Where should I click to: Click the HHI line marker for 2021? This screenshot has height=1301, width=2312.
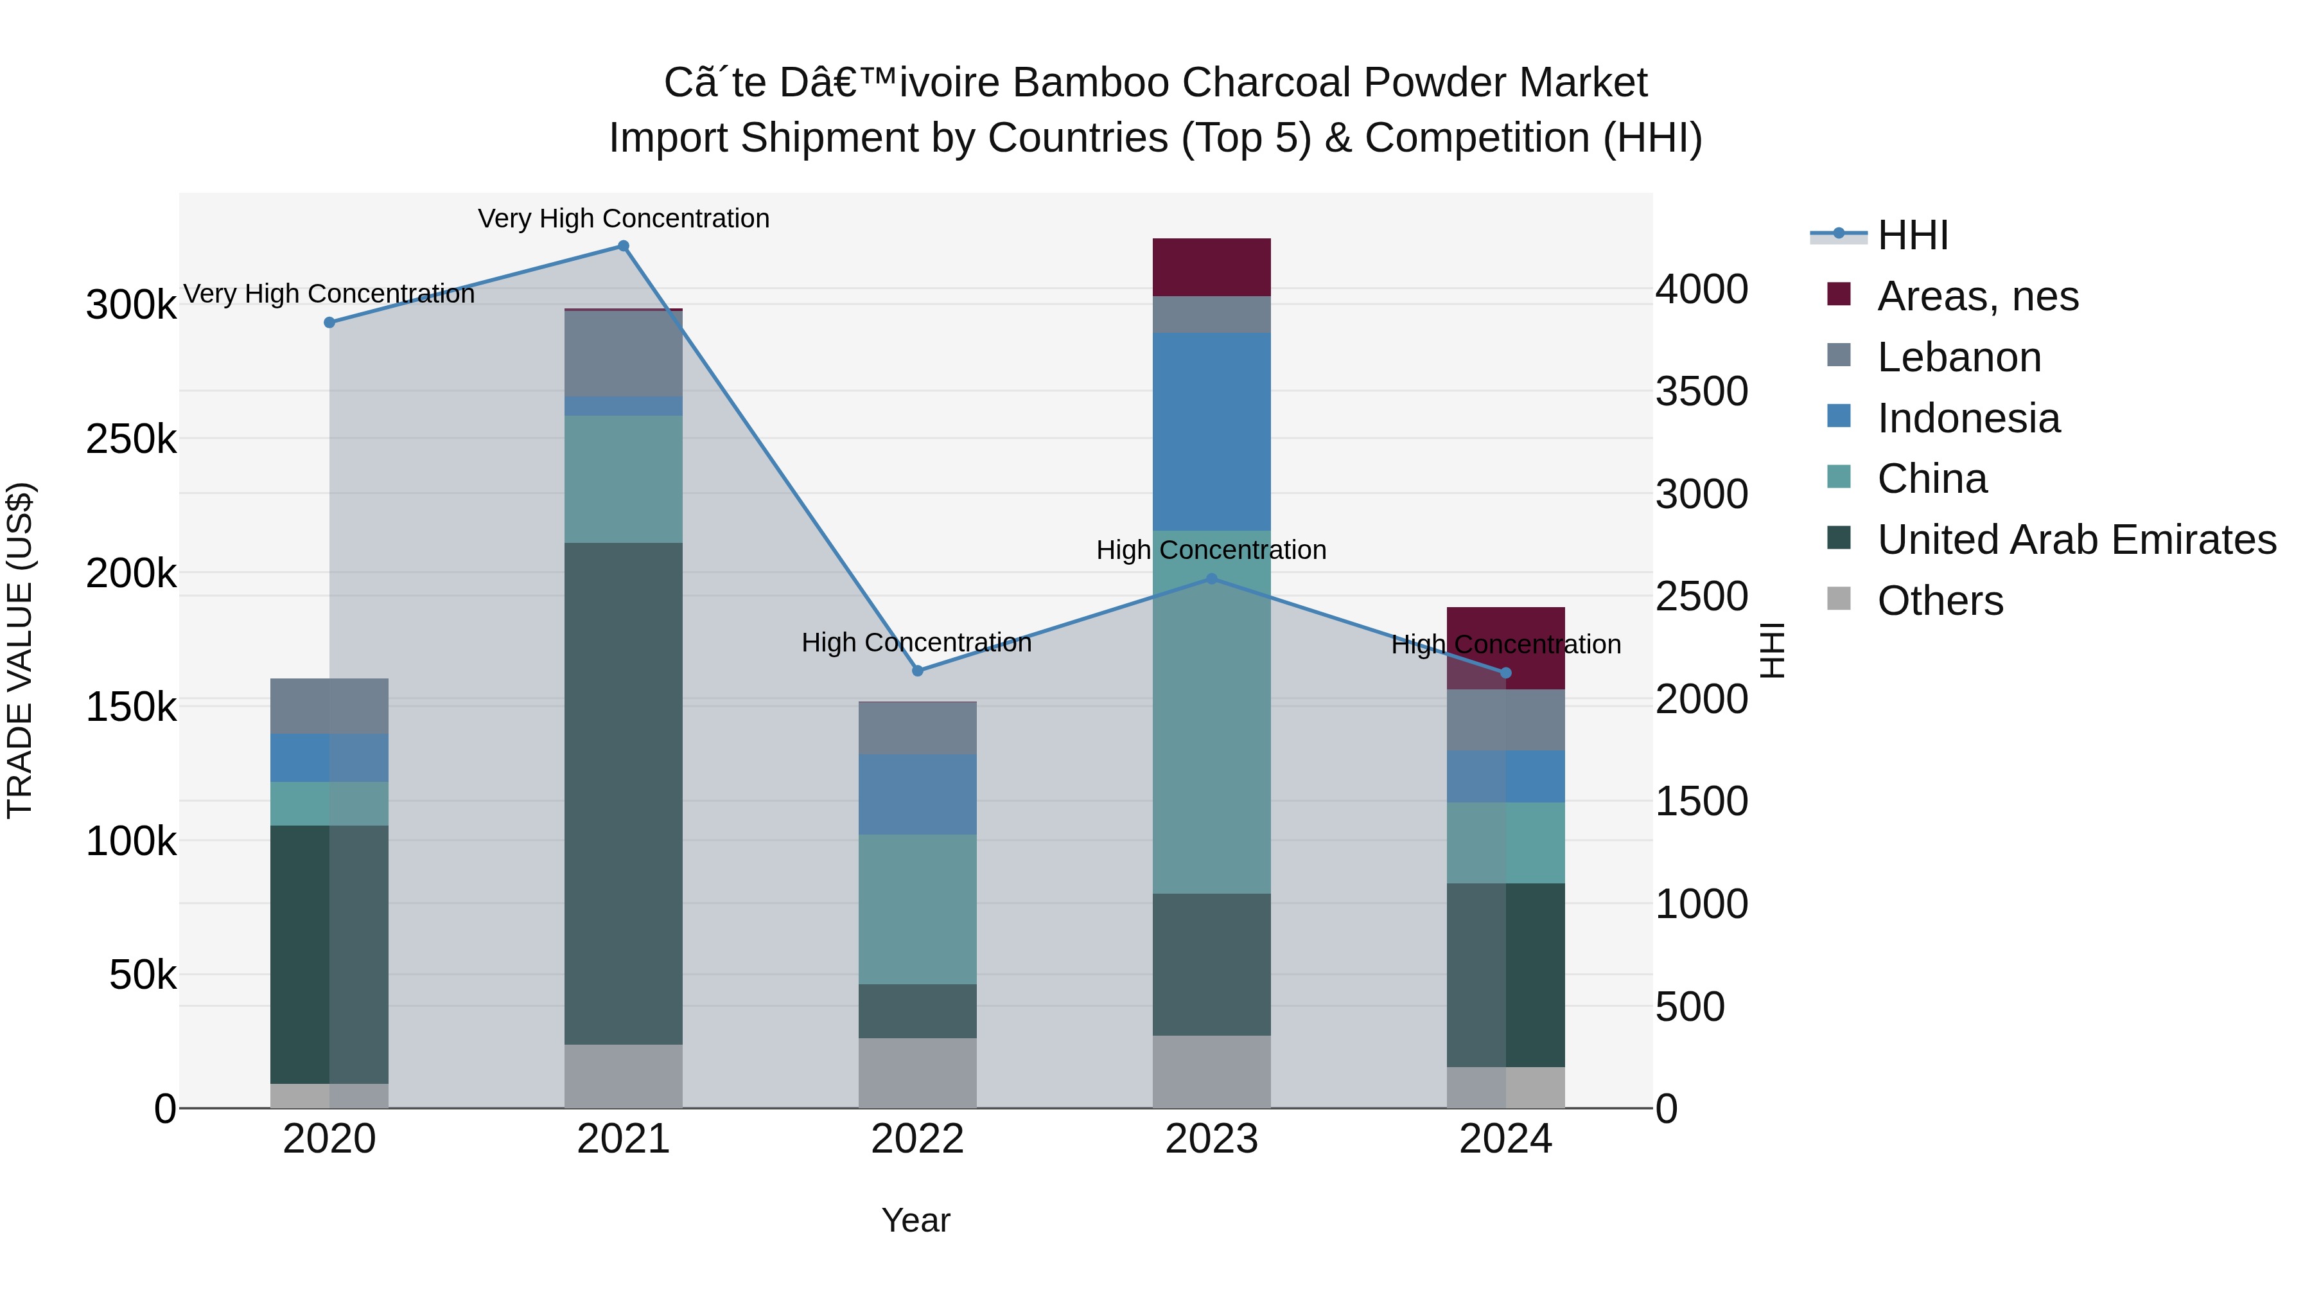[623, 246]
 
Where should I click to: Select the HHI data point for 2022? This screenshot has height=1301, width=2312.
[917, 671]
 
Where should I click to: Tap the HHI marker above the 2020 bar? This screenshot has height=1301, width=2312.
[329, 323]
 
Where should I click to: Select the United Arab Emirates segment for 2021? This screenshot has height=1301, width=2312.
[623, 793]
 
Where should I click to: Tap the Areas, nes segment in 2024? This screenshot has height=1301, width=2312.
[1505, 648]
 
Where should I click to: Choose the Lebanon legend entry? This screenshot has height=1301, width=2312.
[1958, 357]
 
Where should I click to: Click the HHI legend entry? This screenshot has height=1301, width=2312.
[1912, 235]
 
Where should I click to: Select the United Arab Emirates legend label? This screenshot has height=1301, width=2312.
[2076, 540]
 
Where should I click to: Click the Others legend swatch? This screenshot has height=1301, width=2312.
[1838, 599]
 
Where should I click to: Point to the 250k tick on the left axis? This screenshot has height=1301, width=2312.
[131, 440]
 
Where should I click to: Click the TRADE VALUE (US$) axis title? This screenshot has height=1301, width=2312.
[20, 650]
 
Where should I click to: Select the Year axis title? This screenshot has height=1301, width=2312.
[915, 1220]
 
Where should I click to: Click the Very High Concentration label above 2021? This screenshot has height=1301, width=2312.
[623, 218]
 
